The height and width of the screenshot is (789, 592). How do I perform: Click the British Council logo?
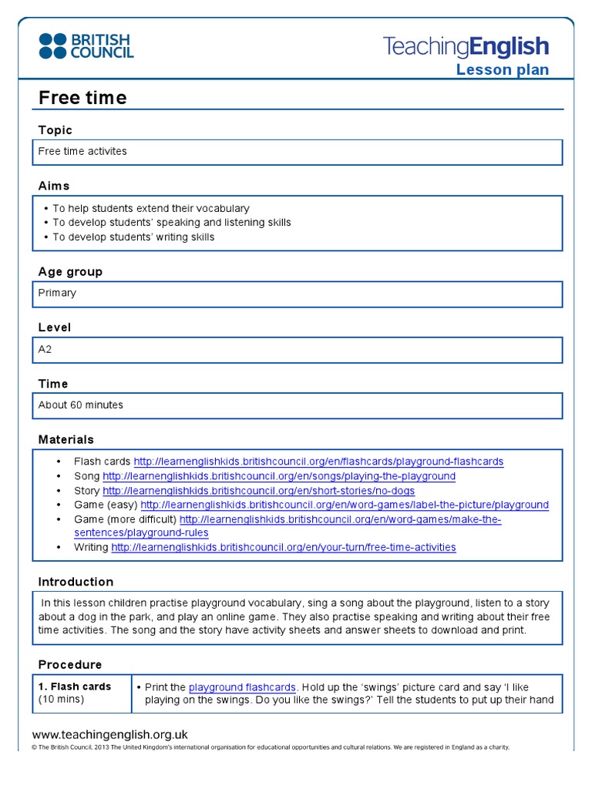(x=86, y=46)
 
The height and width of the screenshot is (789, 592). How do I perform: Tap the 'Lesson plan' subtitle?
(x=503, y=70)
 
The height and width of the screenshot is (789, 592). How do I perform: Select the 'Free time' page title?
(x=82, y=98)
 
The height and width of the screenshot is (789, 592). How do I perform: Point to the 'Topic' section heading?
(x=55, y=130)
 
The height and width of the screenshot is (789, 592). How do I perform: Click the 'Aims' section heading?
(x=54, y=186)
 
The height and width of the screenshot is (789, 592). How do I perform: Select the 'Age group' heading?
(x=70, y=272)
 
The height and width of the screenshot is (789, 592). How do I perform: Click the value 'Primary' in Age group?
(x=58, y=293)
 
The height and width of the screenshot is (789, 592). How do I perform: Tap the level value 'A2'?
(x=45, y=349)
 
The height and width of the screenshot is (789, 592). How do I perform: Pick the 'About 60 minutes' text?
(x=81, y=405)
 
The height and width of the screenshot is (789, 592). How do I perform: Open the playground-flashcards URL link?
(x=318, y=462)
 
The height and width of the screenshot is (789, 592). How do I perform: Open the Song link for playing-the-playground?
(x=278, y=476)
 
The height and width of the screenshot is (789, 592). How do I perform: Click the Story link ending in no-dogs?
(x=258, y=491)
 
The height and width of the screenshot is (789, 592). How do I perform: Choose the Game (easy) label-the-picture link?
(x=345, y=505)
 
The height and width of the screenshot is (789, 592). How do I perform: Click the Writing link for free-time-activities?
(x=283, y=547)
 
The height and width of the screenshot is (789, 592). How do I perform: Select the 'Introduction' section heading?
(x=76, y=582)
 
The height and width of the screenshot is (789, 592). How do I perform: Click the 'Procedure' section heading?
(x=70, y=664)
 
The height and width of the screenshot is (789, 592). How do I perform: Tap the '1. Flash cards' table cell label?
(x=75, y=687)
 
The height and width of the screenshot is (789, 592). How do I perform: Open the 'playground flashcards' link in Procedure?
(x=242, y=687)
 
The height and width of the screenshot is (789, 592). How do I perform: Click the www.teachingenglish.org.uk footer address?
(x=110, y=734)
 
